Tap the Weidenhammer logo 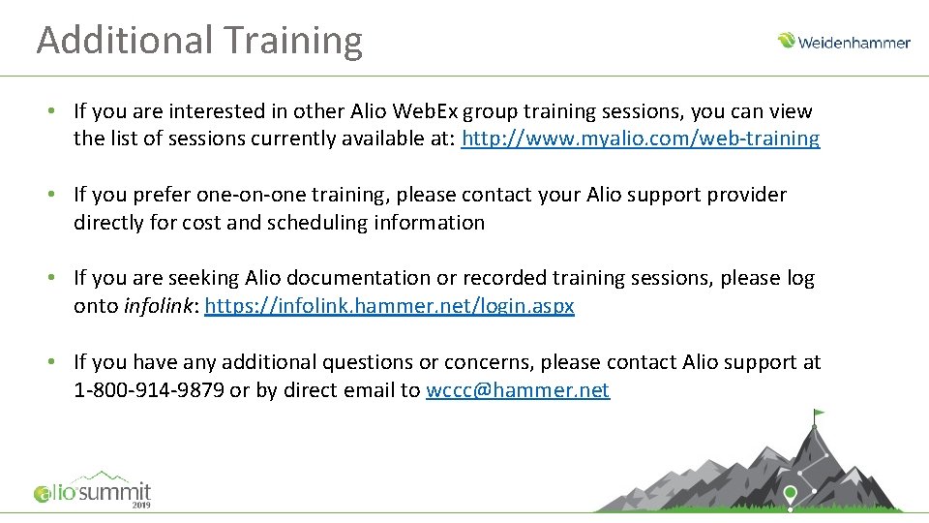(x=843, y=42)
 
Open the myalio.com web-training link (x=641, y=138)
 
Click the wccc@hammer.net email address (x=518, y=390)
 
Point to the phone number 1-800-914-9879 (x=148, y=390)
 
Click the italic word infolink (x=157, y=306)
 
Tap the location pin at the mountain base (x=791, y=494)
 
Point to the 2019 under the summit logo (x=140, y=506)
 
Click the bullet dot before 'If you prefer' (x=53, y=195)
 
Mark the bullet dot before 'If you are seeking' (x=53, y=278)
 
